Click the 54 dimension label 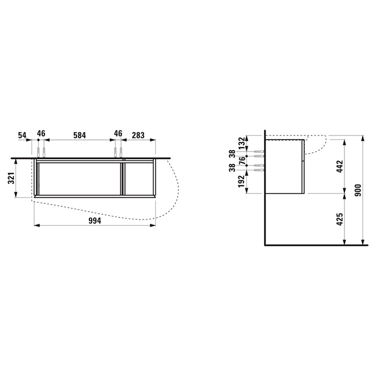click(x=21, y=135)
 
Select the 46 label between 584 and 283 click(x=118, y=135)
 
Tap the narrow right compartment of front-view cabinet click(x=139, y=178)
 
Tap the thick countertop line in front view click(x=91, y=158)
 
